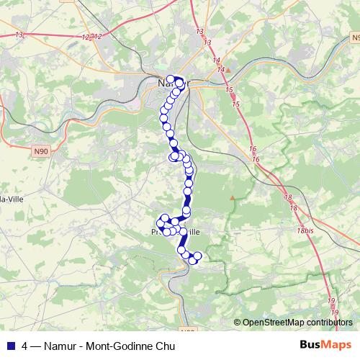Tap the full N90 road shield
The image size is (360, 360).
pos(44,152)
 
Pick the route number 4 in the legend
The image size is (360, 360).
pos(25,346)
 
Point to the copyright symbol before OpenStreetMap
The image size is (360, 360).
pos(238,323)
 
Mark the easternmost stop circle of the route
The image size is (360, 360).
pos(198,257)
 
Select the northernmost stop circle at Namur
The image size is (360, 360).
pos(171,79)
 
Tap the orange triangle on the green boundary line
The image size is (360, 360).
pos(232,197)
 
